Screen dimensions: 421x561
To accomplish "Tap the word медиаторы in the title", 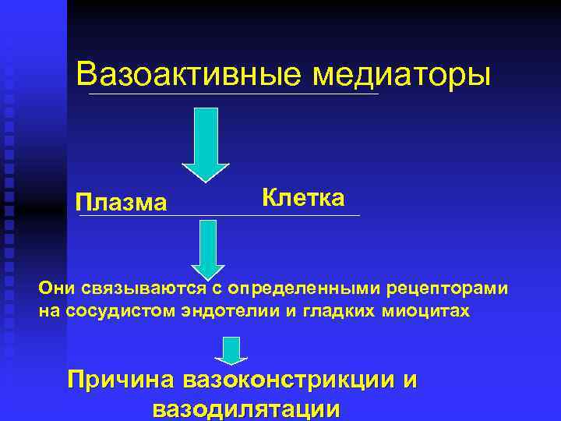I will pos(402,76).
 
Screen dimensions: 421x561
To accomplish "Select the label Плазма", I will pos(122,203).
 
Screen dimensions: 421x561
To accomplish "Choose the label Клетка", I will pos(303,197).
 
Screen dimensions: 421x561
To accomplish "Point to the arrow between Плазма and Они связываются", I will pos(207,247).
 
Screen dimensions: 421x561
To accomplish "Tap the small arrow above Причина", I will pos(231,351).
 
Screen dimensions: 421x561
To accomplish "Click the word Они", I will pos(57,289).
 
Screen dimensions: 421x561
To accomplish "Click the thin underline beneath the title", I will pos(234,94).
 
